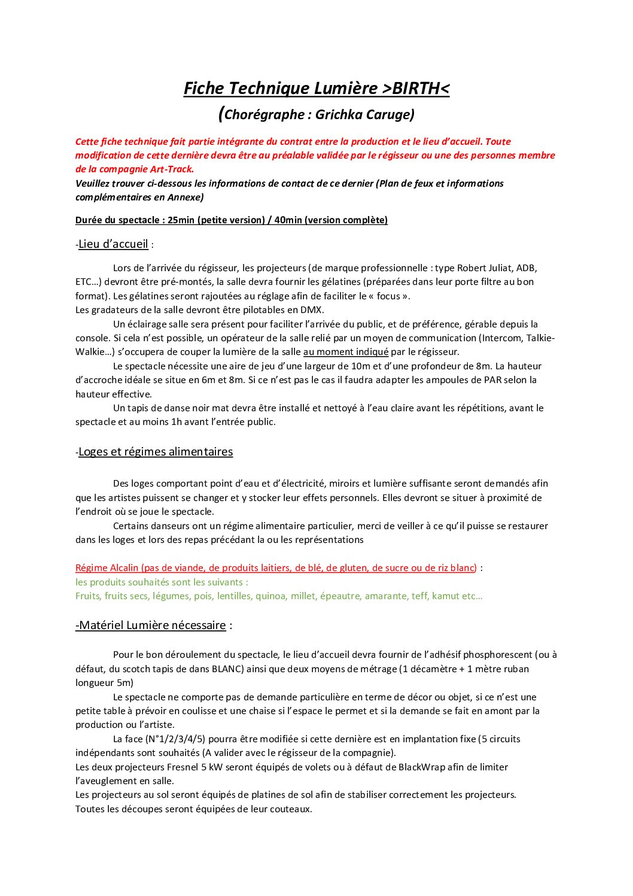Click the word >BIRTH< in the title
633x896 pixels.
(415, 89)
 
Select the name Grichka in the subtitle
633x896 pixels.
(338, 114)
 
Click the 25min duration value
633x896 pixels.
(181, 220)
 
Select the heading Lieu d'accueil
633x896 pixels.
(113, 244)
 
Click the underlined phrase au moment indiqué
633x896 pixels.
(346, 352)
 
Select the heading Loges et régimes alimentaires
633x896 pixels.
(156, 452)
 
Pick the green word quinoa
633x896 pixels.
(270, 596)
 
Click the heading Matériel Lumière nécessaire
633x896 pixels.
(152, 625)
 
